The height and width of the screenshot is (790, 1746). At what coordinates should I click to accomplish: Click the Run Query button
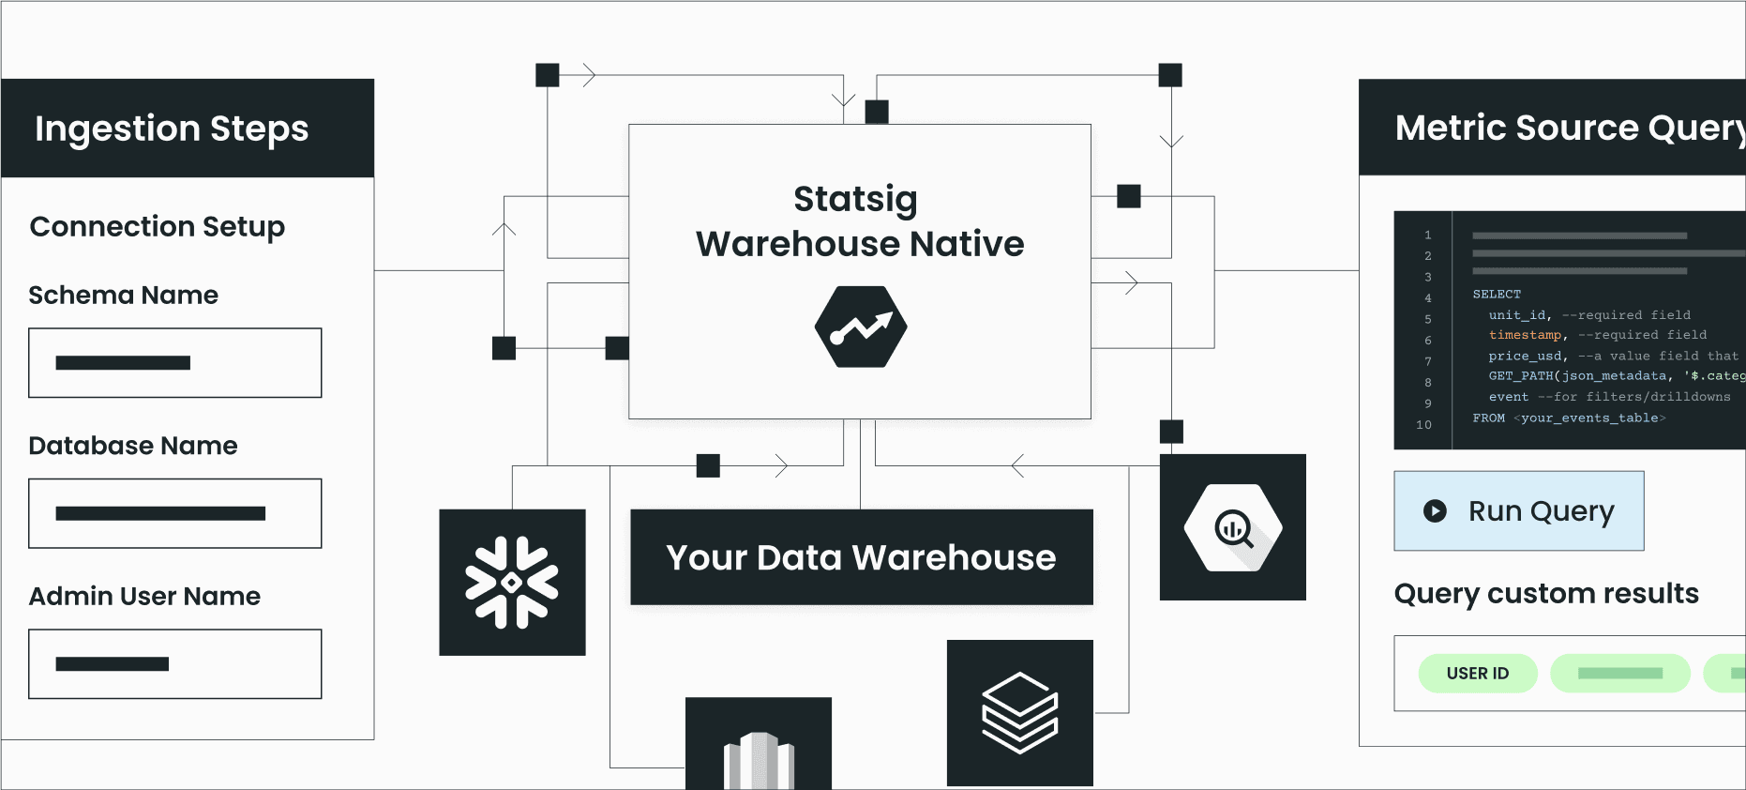click(1518, 510)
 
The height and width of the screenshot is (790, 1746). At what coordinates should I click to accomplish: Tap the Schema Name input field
click(175, 363)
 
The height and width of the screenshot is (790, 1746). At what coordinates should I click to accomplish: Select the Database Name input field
click(175, 513)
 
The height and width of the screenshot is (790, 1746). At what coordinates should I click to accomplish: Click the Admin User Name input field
click(175, 664)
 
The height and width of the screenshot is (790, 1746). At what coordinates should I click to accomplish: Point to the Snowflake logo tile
click(512, 582)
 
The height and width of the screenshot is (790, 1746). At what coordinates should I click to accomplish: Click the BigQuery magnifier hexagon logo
click(1232, 528)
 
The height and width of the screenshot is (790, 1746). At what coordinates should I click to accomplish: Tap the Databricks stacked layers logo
click(1019, 713)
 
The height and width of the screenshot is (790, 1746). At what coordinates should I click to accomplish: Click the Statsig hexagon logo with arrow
click(860, 327)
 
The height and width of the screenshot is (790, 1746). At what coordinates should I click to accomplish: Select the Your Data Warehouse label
click(861, 557)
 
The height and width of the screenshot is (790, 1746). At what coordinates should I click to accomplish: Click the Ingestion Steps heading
click(172, 129)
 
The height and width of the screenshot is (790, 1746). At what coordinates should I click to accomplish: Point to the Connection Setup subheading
click(158, 227)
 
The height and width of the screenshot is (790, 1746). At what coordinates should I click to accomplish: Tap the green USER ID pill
click(1477, 674)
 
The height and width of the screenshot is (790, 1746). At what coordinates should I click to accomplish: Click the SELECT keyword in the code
click(1497, 294)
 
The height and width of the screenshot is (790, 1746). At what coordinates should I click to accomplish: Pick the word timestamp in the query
click(1525, 335)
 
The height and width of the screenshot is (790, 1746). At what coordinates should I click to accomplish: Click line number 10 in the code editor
click(1423, 425)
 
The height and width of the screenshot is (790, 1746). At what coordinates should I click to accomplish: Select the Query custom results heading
click(1546, 594)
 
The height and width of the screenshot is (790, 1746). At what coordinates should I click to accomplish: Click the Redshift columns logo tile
click(759, 746)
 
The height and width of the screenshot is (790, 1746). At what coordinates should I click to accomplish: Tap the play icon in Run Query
click(1435, 510)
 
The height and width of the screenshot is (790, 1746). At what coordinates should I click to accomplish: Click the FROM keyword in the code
click(1488, 418)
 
